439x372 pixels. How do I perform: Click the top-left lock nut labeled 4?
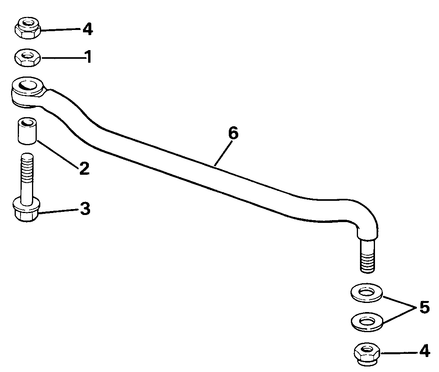pos(27,28)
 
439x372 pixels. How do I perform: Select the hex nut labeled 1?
pos(27,58)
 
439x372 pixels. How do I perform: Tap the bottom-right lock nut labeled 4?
pos(367,352)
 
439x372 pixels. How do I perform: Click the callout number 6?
pos(233,134)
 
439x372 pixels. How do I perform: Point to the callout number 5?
pos(424,308)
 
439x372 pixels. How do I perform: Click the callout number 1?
pos(88,57)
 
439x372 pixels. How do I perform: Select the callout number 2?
pos(84,169)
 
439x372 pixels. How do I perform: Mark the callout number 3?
pos(85,209)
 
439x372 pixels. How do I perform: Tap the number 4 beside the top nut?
pos(87,29)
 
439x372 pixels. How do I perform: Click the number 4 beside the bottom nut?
pos(424,351)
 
